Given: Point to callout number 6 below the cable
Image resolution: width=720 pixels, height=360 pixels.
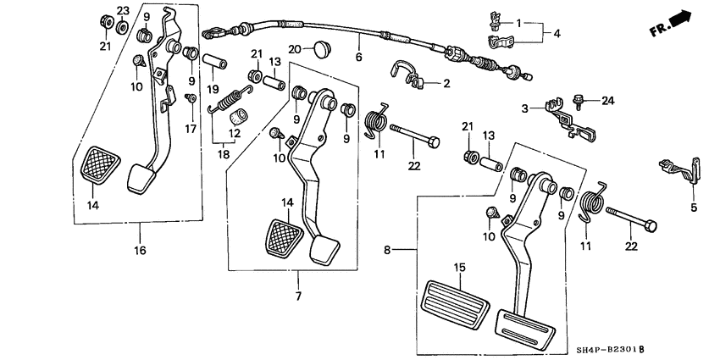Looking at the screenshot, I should pos(357,58).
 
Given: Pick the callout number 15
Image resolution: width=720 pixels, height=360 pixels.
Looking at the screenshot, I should pos(459,268).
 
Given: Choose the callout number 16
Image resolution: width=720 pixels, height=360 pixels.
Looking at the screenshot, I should pos(141,251).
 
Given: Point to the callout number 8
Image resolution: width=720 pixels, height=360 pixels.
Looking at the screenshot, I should pos(389,250).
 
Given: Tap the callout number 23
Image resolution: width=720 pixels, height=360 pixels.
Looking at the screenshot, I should pos(122,11).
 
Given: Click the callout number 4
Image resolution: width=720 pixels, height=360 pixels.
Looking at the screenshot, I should pos(557,35).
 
